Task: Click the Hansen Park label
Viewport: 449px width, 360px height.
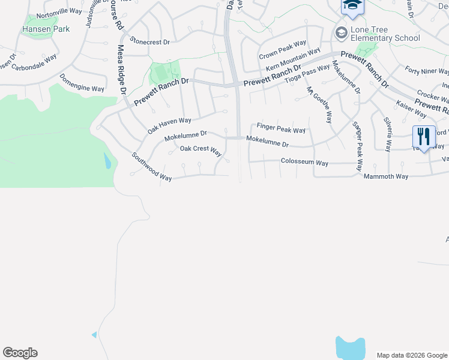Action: click(x=46, y=29)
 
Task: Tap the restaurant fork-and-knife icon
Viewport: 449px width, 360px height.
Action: click(x=424, y=137)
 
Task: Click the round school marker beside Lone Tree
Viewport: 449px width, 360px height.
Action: click(x=342, y=32)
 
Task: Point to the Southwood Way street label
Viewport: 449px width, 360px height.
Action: click(x=152, y=166)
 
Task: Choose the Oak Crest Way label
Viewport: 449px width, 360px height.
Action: click(x=201, y=149)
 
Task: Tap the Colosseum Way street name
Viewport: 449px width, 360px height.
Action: click(x=305, y=163)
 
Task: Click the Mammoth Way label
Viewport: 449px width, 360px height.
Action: click(x=386, y=176)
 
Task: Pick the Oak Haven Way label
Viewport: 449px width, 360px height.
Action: click(x=169, y=125)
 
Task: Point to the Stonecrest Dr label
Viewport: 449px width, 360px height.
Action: click(x=151, y=42)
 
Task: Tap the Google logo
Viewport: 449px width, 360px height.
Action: click(x=20, y=353)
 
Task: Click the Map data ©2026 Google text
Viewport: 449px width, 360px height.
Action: click(x=411, y=355)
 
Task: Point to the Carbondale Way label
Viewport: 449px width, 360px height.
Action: click(x=34, y=62)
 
